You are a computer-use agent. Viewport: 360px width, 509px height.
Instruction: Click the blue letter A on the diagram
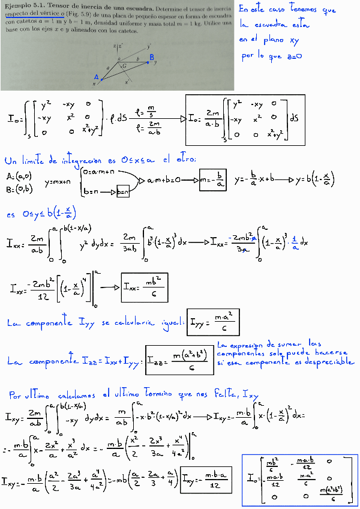pos(96,77)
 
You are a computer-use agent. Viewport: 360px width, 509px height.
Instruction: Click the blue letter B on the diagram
pos(152,57)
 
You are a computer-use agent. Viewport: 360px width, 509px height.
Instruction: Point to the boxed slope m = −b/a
pos(214,179)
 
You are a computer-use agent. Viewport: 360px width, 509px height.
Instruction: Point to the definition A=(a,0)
pos(17,176)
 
